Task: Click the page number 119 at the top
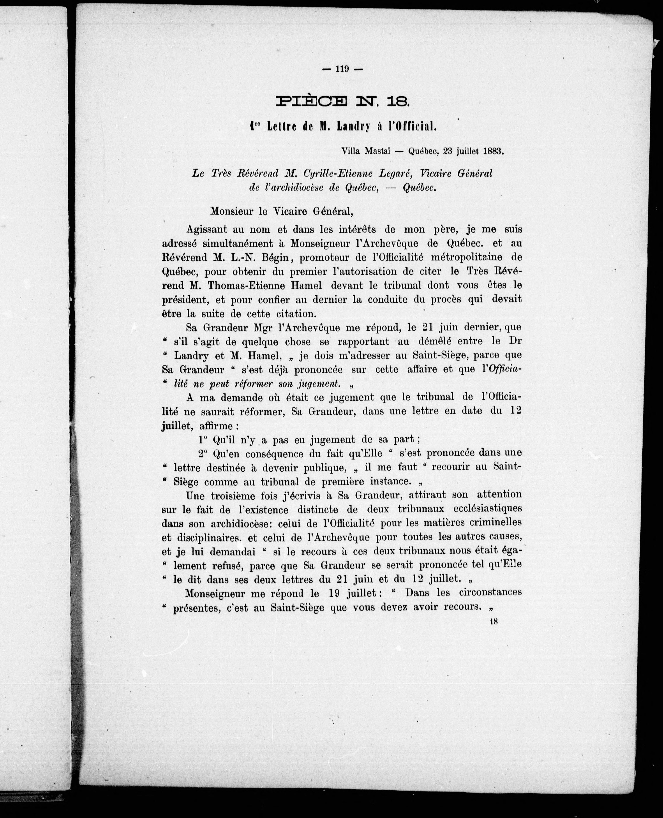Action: pyautogui.click(x=342, y=69)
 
